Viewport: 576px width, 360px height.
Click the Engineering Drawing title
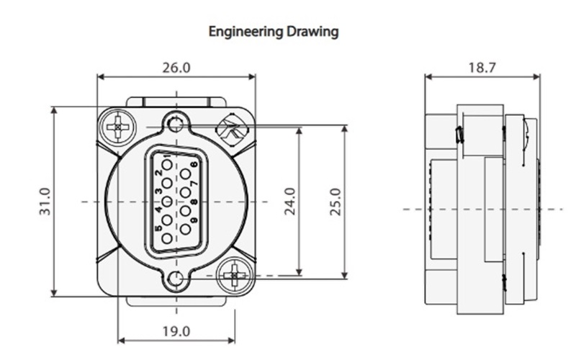click(273, 32)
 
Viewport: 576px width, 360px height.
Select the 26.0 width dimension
click(176, 68)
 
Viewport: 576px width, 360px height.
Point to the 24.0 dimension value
click(289, 201)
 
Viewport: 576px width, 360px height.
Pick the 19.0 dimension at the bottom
click(176, 331)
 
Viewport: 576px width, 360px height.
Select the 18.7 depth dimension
click(482, 68)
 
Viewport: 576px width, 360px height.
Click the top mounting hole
click(174, 125)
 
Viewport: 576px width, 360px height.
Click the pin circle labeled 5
click(166, 238)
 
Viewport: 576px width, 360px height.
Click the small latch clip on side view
click(459, 135)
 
